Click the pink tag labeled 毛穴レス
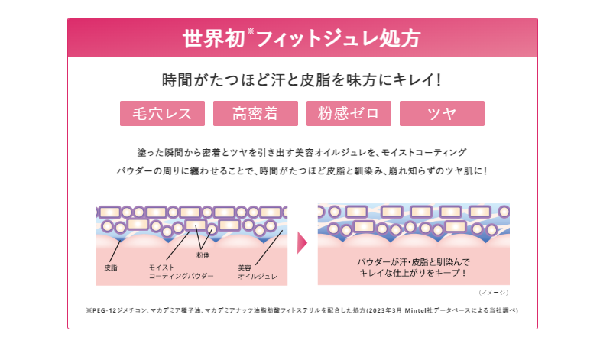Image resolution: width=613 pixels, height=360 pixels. pyautogui.click(x=162, y=114)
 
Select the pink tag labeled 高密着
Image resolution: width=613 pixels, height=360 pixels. pyautogui.click(x=255, y=114)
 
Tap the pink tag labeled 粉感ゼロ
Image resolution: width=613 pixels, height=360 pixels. pyautogui.click(x=349, y=114)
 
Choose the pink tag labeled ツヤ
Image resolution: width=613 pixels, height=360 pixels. pyautogui.click(x=442, y=114)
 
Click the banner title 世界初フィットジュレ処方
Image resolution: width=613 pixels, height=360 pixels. pyautogui.click(x=302, y=37)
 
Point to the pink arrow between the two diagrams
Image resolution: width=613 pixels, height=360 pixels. pyautogui.click(x=302, y=243)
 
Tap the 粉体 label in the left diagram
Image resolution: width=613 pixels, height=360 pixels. pyautogui.click(x=203, y=255)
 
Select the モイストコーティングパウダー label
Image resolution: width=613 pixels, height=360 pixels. pyautogui.click(x=170, y=272)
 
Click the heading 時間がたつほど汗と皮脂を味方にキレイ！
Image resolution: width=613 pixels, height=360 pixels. pyautogui.click(x=302, y=79)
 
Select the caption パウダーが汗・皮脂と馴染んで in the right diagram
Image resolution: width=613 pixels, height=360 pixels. pyautogui.click(x=414, y=262)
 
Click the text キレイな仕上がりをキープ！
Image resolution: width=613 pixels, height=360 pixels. pyautogui.click(x=414, y=273)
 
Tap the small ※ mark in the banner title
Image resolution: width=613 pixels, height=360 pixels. pyautogui.click(x=249, y=31)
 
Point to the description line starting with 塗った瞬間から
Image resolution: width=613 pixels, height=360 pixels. pyautogui.click(x=302, y=152)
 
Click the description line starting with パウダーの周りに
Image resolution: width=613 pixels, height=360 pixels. pyautogui.click(x=302, y=170)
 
